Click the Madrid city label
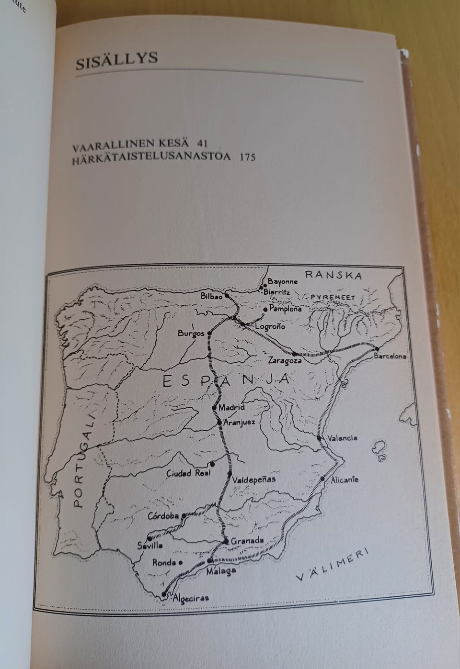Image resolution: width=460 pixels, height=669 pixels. click(x=231, y=408)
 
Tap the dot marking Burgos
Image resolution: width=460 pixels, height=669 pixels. click(x=209, y=332)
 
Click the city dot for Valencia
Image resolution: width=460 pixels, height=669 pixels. click(x=319, y=438)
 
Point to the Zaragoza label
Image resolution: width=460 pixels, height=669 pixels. click(x=285, y=360)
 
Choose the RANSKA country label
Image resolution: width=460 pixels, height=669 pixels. click(x=333, y=275)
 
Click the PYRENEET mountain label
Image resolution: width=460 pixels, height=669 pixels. click(x=333, y=298)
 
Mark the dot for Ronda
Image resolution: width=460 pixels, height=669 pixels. click(x=180, y=563)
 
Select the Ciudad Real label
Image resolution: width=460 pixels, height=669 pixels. click(x=185, y=473)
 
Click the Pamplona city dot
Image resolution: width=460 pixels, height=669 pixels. click(x=265, y=310)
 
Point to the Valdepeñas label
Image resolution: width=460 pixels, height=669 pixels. click(x=253, y=479)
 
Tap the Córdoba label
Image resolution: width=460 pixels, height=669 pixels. click(x=163, y=516)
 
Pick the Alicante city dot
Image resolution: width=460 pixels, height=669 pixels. click(x=323, y=479)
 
